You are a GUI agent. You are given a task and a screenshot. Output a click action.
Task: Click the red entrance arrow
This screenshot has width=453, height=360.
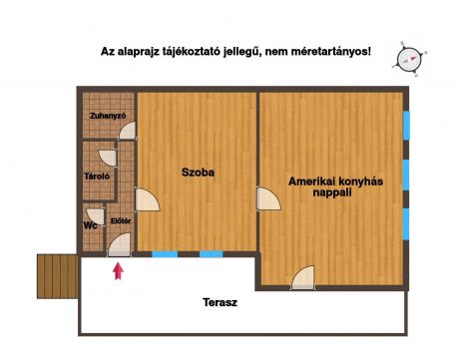point(118,271)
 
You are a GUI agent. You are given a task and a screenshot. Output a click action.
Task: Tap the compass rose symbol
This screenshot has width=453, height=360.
point(409,60)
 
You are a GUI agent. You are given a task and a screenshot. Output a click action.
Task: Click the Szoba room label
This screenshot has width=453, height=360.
point(198,173)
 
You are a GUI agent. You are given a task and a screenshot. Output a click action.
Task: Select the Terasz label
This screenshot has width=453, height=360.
point(220,302)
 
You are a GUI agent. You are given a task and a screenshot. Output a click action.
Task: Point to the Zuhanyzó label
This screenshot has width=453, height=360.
point(108,116)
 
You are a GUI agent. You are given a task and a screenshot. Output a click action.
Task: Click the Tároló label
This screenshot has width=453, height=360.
point(97,176)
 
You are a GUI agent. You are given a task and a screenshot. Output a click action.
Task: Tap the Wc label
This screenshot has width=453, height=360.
point(90,225)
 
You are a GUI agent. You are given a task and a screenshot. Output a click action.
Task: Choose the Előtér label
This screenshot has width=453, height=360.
point(121,220)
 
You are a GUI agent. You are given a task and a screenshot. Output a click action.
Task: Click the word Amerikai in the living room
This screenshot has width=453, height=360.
point(311,181)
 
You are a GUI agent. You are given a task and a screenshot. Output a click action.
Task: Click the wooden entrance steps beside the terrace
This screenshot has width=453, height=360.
point(57,276)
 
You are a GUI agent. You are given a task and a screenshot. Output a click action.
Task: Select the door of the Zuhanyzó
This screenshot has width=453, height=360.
point(128,131)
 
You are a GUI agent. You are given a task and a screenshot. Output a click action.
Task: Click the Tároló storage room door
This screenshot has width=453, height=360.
point(108,158)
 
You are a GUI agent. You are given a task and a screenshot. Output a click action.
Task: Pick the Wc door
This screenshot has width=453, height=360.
point(96,216)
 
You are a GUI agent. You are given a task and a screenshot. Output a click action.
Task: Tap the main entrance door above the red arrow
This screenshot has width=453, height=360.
point(120,245)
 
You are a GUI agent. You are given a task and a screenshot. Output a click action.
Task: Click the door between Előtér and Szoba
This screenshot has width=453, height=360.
point(148,199)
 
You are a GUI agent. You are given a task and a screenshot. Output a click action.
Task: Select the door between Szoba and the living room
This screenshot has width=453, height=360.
point(268,198)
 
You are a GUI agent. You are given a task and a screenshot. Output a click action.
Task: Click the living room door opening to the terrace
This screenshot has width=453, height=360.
point(303,277)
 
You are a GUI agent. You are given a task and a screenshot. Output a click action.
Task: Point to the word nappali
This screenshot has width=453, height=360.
point(332,192)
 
